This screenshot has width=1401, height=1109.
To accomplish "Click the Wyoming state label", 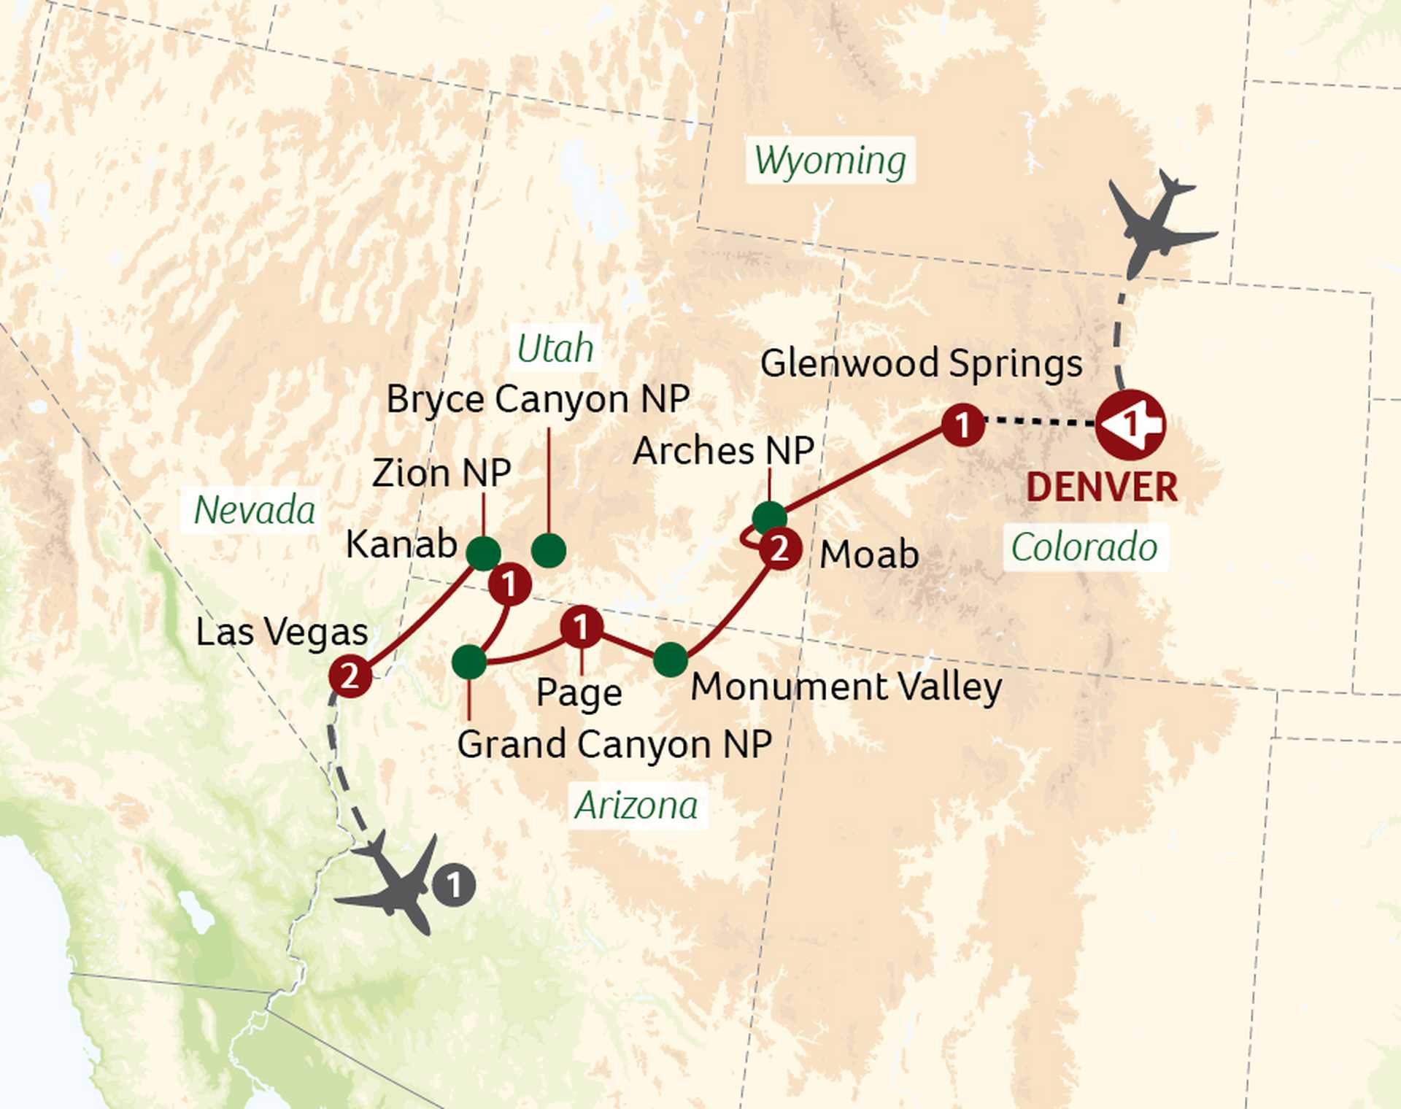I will coord(830,161).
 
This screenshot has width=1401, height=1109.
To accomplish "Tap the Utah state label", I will coord(555,348).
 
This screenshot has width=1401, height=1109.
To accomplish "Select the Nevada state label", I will coord(254,509).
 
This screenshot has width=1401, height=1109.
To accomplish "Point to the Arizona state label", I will coord(636,805).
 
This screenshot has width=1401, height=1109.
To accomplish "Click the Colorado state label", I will coord(1084,546).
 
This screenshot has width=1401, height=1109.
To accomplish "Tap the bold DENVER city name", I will coord(1101,487).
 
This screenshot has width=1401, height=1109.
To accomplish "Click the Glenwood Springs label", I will coord(921,363).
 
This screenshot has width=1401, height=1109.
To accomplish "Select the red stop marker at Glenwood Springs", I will coord(962,425).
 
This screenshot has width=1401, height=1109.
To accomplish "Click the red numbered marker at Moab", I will coord(779,549).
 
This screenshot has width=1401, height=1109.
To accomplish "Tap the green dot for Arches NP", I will coord(769,517).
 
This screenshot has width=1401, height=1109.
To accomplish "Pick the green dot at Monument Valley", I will coord(670,660).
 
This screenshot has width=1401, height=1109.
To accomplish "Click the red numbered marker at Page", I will coord(581,627).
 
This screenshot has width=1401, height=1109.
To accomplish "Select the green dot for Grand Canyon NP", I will coord(469,662).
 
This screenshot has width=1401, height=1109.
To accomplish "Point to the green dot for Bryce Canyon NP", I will coord(549,550).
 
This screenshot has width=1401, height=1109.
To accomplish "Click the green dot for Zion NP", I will coord(483,553).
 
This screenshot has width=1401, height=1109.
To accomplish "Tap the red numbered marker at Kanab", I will coord(509,584).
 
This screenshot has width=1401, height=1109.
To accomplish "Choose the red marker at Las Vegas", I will coord(350,676).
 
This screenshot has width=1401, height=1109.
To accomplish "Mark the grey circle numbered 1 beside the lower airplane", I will coord(453,885).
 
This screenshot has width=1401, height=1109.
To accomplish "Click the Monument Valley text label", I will coord(846,687).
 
